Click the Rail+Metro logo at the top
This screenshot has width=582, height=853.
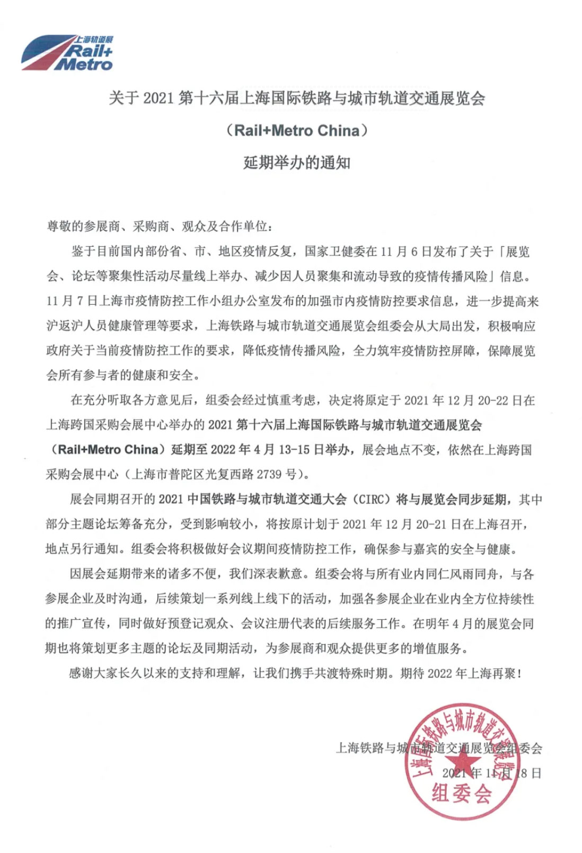coord(67,53)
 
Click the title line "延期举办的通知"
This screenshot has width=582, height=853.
coord(297,163)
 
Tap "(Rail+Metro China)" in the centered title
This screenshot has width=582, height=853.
coord(297,130)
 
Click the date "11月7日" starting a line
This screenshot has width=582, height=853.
coord(72,301)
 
